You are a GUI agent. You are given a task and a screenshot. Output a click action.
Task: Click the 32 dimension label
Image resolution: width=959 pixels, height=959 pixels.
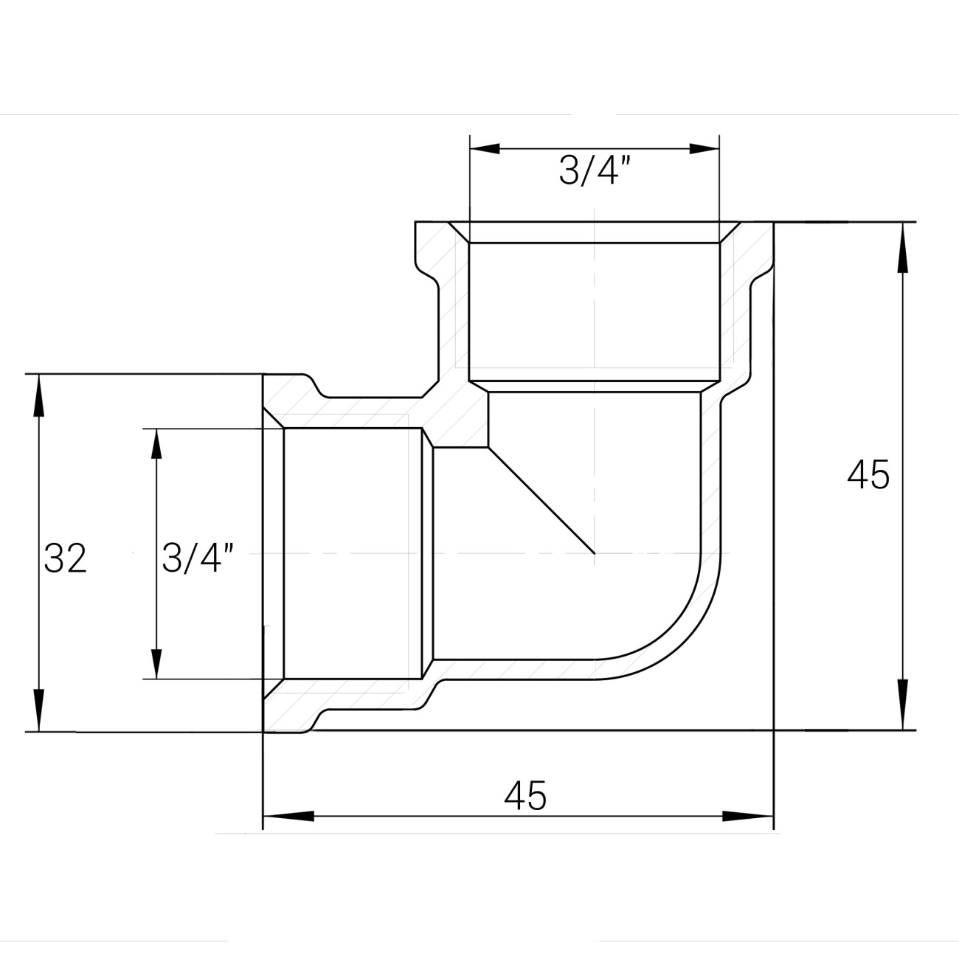[x=65, y=558]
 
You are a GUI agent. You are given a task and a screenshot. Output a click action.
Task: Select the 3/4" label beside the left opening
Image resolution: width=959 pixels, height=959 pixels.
[x=198, y=558]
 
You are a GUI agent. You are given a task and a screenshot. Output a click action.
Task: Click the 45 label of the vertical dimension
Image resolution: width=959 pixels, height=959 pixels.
[x=868, y=474]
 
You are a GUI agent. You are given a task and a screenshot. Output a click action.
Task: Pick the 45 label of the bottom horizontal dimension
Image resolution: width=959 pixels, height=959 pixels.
[x=525, y=795]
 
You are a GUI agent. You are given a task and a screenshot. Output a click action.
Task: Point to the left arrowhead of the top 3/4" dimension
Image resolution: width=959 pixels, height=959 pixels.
[x=485, y=148]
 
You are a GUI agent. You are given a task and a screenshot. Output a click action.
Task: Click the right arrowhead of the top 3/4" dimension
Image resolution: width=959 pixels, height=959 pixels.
[x=704, y=148]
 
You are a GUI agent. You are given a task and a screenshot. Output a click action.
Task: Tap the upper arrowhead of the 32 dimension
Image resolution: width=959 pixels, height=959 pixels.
[x=38, y=395]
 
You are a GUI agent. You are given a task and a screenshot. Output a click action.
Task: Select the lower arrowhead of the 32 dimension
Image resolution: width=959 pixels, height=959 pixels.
[x=38, y=710]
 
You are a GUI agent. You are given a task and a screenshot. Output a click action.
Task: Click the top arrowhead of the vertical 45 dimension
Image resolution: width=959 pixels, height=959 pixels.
[x=902, y=247]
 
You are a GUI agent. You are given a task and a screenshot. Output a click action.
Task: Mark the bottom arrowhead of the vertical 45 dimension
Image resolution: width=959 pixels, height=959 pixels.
[x=902, y=704]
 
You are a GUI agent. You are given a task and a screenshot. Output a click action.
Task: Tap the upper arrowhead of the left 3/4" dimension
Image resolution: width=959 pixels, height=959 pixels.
[x=157, y=443]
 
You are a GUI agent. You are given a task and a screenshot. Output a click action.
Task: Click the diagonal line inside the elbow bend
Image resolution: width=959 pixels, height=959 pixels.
[x=541, y=500]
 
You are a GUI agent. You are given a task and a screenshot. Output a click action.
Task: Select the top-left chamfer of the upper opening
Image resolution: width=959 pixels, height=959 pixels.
[x=460, y=232]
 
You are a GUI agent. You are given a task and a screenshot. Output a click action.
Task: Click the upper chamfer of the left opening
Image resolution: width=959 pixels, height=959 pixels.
[x=273, y=418]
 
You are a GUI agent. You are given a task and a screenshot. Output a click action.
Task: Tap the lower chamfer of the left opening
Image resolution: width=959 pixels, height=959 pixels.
[x=273, y=689]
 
